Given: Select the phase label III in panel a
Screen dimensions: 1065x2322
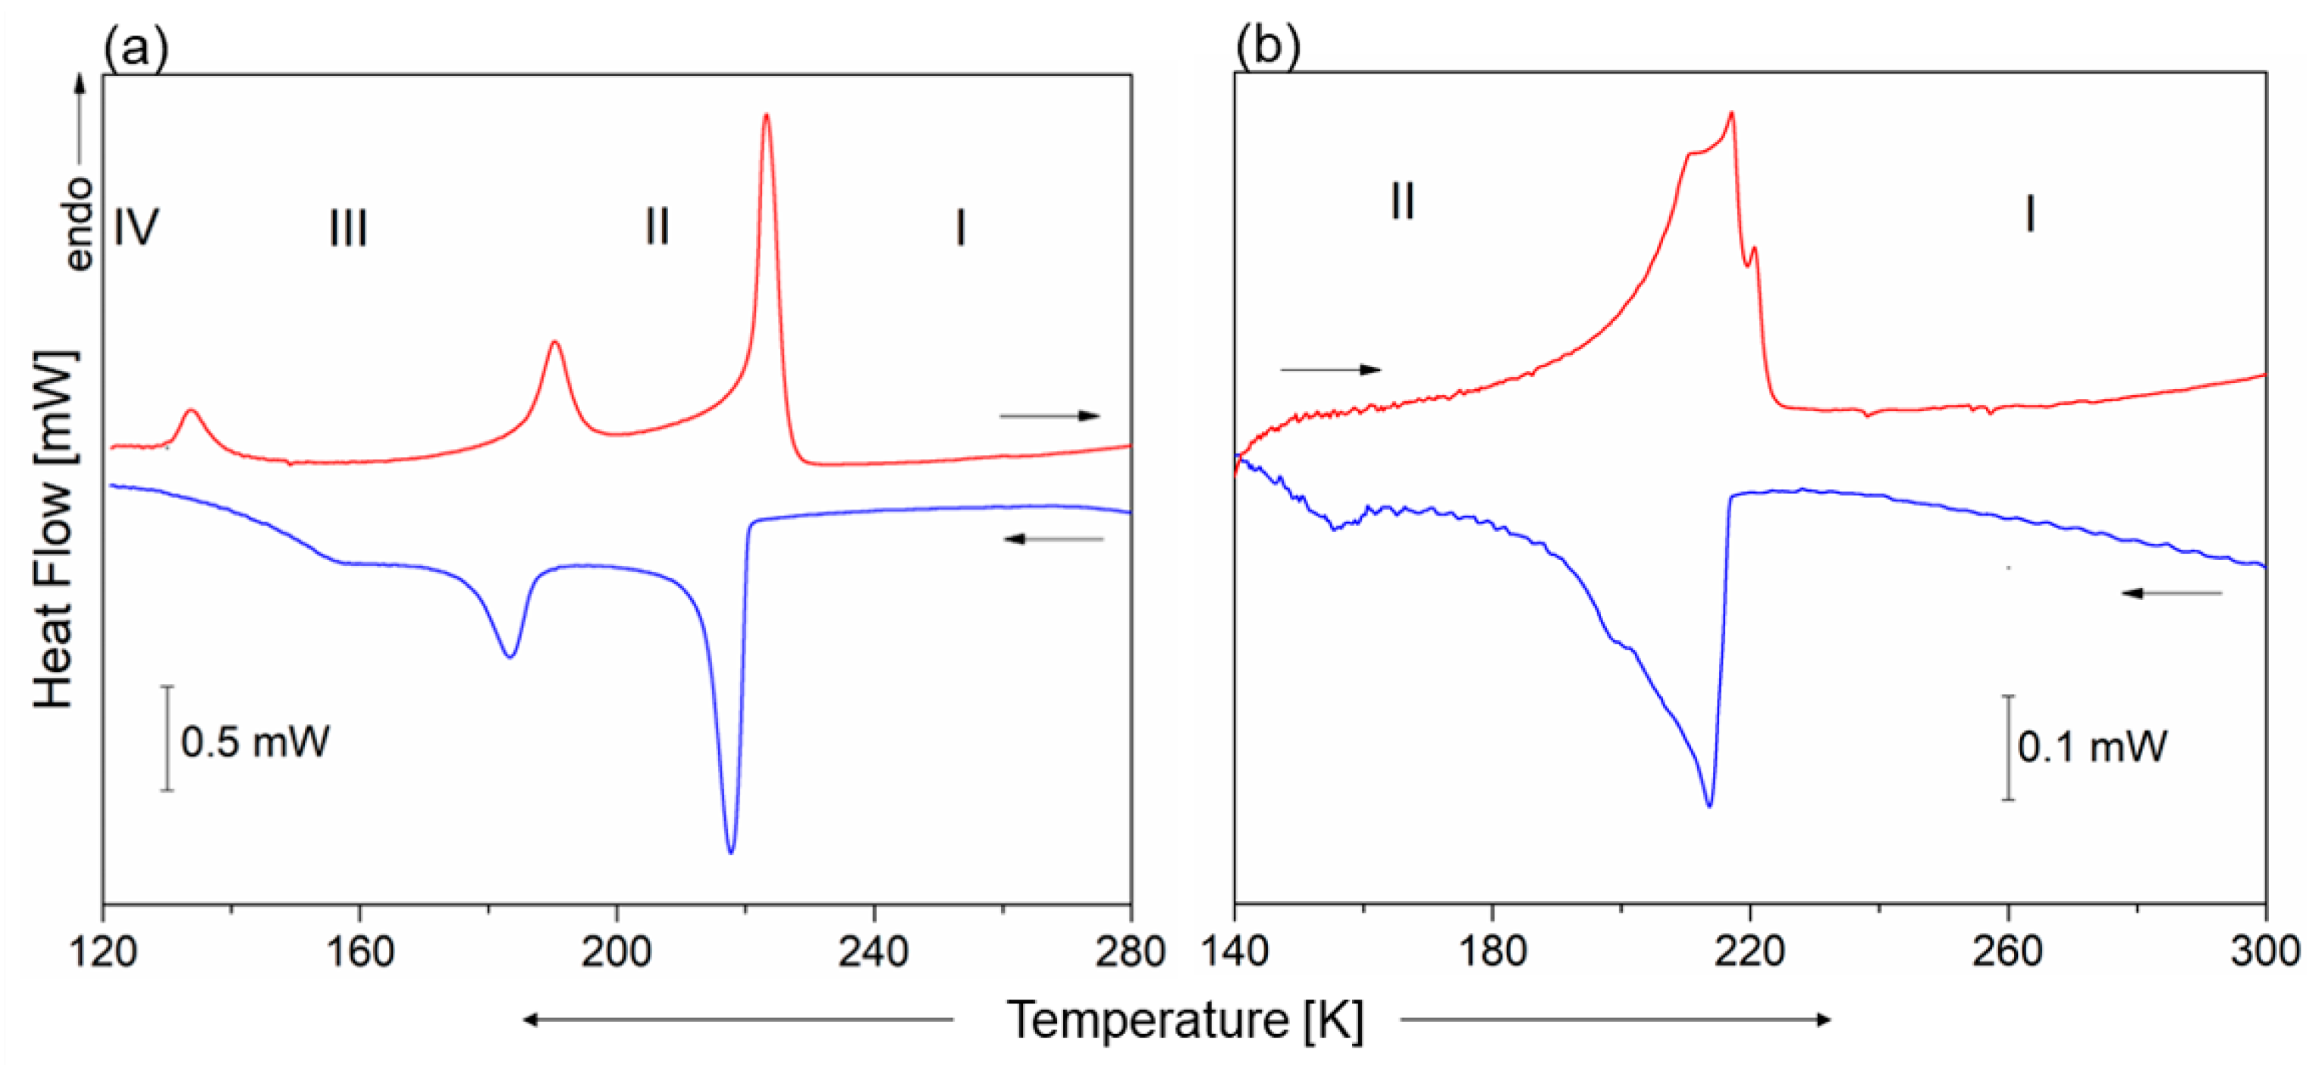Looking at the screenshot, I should pos(348,228).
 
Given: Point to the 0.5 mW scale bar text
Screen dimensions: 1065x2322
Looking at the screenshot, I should pos(255,742).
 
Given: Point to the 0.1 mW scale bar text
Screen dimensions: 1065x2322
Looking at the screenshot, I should pos(2091,746).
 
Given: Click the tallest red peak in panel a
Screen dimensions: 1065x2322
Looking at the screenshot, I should pos(766,115).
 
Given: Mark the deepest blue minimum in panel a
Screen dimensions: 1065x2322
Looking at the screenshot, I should pos(730,851).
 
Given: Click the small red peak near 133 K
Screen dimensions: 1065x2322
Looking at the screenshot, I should pos(190,411).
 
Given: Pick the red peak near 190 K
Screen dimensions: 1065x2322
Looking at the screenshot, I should pos(554,343).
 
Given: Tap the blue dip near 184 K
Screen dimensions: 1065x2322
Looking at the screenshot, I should pos(510,655).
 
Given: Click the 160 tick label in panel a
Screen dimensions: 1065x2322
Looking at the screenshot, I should pos(359,952).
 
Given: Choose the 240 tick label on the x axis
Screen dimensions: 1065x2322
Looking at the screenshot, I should pos(874,952).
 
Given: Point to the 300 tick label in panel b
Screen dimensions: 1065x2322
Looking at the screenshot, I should pos(2264,952).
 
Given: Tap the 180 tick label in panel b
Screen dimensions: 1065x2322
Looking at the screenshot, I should pos(1492,952).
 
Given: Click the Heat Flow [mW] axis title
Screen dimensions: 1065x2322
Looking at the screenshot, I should pos(54,530).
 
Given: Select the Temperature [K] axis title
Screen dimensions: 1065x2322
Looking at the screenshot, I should pos(1185,1020).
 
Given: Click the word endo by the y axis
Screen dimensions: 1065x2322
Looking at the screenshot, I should pos(80,224).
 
